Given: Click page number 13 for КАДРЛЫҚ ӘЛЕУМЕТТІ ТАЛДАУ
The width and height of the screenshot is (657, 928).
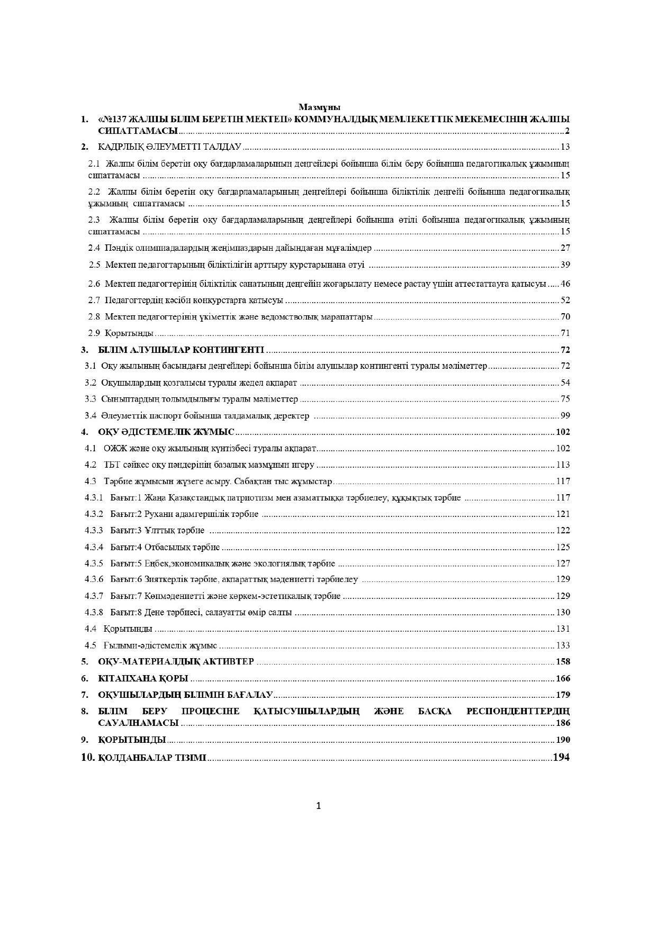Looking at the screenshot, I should [565, 147].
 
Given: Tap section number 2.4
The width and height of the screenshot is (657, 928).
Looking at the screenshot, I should [94, 248].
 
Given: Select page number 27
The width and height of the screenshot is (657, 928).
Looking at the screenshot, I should [565, 248].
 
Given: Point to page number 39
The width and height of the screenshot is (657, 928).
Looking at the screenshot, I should [565, 265].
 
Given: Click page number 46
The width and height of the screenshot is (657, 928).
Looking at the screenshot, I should [565, 284].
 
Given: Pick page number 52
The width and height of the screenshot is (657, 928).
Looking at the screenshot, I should [565, 301].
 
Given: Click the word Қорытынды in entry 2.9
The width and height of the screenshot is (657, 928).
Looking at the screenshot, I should [129, 333].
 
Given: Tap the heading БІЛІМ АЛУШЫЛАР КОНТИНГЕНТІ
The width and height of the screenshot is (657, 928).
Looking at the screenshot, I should [181, 350].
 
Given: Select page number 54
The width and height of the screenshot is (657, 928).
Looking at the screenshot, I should [565, 383].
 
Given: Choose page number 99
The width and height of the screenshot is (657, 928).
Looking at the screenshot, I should [565, 415].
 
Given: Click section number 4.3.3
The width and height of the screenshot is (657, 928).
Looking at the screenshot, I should [94, 530].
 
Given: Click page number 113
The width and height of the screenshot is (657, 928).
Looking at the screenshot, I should [563, 465].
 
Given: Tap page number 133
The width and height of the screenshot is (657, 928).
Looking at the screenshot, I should [563, 645].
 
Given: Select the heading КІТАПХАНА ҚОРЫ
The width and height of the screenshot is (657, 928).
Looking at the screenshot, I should [143, 678].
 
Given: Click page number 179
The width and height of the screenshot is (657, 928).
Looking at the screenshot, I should [563, 695].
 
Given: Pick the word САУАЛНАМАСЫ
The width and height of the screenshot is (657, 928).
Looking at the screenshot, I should [138, 723].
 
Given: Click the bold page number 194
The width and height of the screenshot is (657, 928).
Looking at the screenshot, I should [561, 757].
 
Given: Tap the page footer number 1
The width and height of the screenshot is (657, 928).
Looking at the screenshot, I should [319, 806].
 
